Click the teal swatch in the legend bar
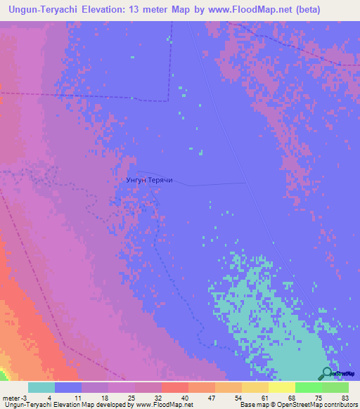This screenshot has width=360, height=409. pyautogui.click(x=41, y=387)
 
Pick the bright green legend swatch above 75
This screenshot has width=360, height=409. pyautogui.click(x=309, y=387)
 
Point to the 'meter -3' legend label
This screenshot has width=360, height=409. pyautogui.click(x=15, y=397)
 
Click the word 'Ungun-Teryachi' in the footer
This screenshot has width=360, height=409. pyautogui.click(x=22, y=405)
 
